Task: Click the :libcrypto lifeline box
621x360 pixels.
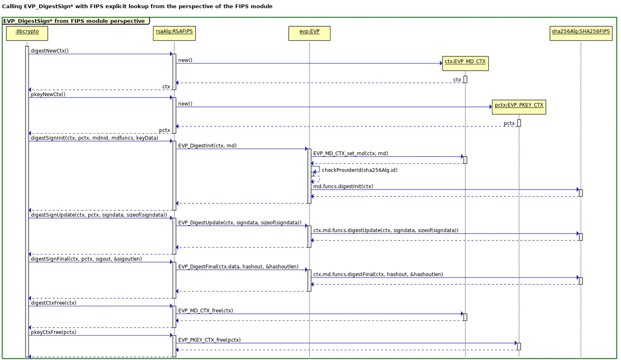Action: tap(27, 33)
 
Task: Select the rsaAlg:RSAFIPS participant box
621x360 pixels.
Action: tap(174, 33)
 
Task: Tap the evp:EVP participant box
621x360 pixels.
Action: tap(309, 33)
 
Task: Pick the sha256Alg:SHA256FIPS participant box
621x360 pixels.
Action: tap(580, 33)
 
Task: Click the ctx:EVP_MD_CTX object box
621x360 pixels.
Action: tap(465, 63)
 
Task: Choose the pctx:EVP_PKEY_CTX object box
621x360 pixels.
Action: tap(519, 107)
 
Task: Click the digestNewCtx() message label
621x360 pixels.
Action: tap(50, 51)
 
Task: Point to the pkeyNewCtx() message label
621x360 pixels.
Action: tap(48, 95)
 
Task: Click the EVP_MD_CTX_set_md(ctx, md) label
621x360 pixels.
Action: tap(350, 153)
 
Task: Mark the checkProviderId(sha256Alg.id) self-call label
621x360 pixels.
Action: tap(357, 170)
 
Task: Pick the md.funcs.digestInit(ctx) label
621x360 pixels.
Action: tap(343, 186)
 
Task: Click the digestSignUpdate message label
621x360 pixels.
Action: tap(99, 215)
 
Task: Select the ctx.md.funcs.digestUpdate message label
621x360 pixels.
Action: tap(385, 230)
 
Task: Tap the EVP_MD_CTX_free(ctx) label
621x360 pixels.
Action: tap(205, 310)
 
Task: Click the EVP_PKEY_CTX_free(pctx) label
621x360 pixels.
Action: tap(209, 340)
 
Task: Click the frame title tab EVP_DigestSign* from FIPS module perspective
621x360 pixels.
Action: tap(74, 21)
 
